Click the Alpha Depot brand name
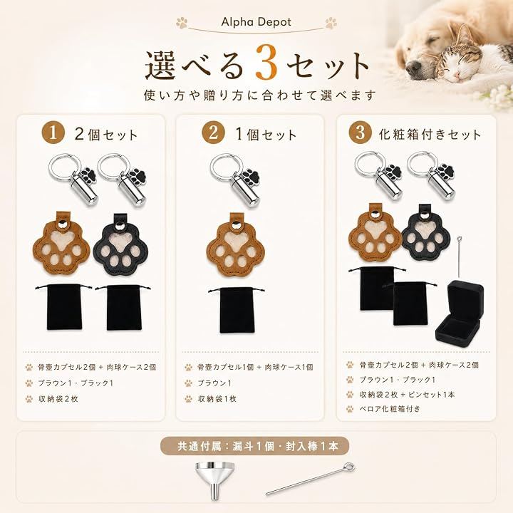[256, 22]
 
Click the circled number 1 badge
[53, 133]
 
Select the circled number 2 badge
[213, 133]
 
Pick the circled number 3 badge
[360, 133]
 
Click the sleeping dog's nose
[414, 67]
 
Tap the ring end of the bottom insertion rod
[350, 467]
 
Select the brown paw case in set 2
[236, 244]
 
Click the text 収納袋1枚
[217, 399]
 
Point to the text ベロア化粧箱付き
[390, 409]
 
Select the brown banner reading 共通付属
[254, 446]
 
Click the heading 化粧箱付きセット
[430, 134]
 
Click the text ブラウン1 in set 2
[214, 383]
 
